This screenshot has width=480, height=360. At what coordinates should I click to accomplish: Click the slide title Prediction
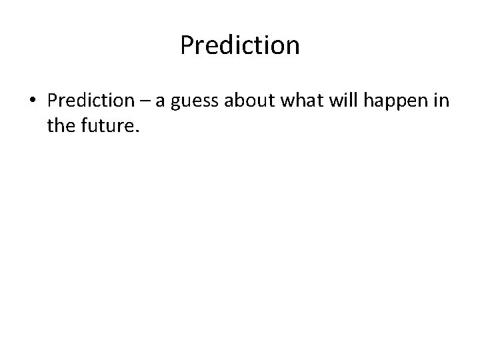coord(240,46)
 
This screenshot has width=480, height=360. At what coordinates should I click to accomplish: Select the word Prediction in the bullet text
coord(91,101)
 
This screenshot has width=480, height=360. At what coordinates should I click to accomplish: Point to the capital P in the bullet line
coord(52,101)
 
